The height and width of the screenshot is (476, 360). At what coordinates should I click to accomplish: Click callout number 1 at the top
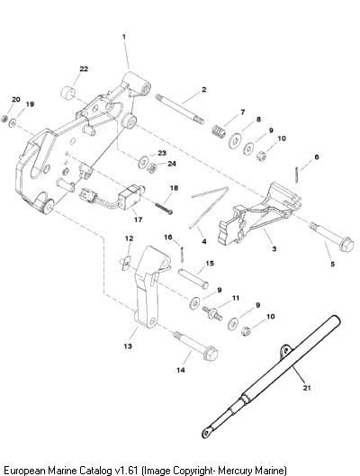pyautogui.click(x=124, y=37)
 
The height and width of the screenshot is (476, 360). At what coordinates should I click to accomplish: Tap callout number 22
pyautogui.click(x=84, y=69)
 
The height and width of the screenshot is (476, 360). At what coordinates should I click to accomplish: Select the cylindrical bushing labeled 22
pyautogui.click(x=67, y=93)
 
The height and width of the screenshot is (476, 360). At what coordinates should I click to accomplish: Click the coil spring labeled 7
pyautogui.click(x=219, y=131)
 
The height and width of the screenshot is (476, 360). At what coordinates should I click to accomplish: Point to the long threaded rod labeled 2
pyautogui.click(x=179, y=109)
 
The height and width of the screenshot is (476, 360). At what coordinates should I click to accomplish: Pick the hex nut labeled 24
pyautogui.click(x=151, y=168)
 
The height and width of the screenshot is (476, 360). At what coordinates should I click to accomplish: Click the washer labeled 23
pyautogui.click(x=143, y=162)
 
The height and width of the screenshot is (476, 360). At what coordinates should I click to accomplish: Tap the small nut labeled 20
pyautogui.click(x=4, y=119)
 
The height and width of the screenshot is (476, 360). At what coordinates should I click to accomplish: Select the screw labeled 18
pyautogui.click(x=164, y=209)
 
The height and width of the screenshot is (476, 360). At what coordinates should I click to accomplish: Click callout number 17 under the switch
pyautogui.click(x=138, y=220)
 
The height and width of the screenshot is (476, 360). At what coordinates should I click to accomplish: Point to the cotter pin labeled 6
pyautogui.click(x=297, y=174)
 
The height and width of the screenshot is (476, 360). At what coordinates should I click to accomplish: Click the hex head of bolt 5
pyautogui.click(x=346, y=246)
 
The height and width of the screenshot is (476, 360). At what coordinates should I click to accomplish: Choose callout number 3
pyautogui.click(x=274, y=249)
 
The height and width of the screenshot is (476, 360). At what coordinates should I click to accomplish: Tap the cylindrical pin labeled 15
pyautogui.click(x=193, y=278)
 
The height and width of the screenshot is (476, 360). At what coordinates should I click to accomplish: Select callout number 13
pyautogui.click(x=128, y=346)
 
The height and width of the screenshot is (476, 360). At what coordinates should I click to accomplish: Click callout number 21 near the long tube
pyautogui.click(x=307, y=388)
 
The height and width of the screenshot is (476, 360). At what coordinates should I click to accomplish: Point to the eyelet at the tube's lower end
pyautogui.click(x=207, y=432)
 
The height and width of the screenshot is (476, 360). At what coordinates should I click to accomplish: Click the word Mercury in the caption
pyautogui.click(x=235, y=471)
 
